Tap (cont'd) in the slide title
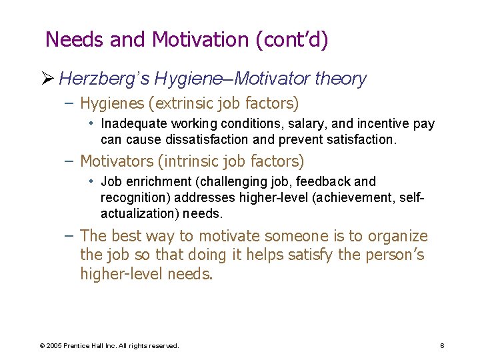292,40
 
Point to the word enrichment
153,182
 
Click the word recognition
130,198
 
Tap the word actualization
135,214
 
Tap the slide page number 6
442,345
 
